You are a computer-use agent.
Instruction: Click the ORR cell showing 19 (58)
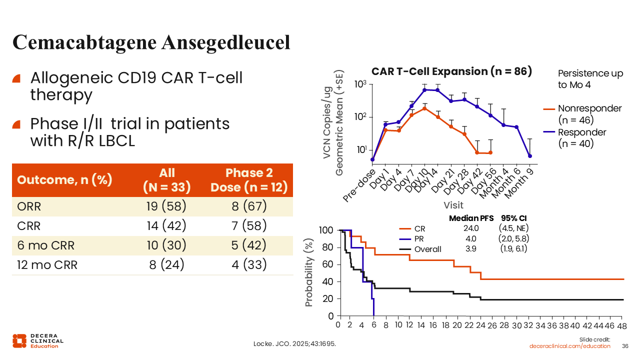(167, 206)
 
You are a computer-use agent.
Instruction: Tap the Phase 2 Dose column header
(249, 180)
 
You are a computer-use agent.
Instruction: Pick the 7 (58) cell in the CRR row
(249, 225)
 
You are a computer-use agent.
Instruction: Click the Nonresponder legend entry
(582, 114)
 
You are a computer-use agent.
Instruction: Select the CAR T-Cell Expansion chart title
(451, 71)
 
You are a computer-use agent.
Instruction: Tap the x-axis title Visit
(453, 205)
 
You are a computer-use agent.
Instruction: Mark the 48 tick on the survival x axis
(621, 325)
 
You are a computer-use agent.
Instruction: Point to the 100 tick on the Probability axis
(326, 230)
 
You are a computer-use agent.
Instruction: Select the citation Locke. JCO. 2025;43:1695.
(295, 344)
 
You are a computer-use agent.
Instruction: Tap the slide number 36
(624, 346)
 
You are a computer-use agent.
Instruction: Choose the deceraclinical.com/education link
(570, 346)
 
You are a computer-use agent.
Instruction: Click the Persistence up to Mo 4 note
(590, 79)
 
